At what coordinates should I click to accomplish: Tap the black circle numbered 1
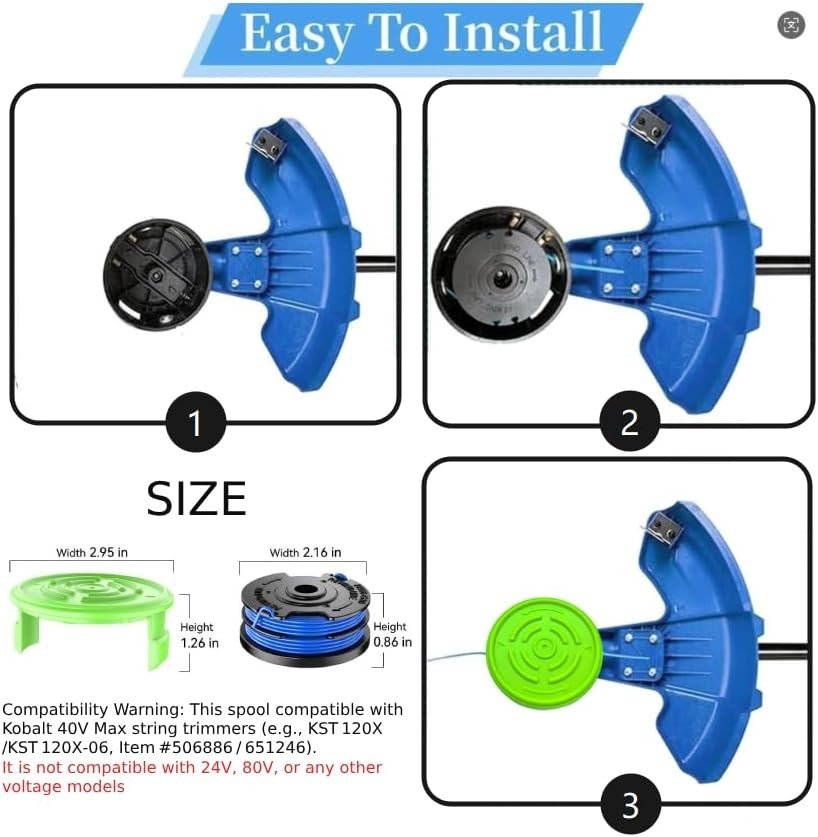195,423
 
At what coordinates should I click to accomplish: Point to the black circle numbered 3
630,804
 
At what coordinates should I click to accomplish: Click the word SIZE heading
196,499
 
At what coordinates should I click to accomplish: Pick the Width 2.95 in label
91,553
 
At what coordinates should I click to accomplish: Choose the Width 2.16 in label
305,553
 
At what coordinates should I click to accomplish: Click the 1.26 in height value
199,643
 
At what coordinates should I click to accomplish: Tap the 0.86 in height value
392,642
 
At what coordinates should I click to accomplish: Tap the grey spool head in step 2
498,274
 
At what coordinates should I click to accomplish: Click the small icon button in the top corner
791,26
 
